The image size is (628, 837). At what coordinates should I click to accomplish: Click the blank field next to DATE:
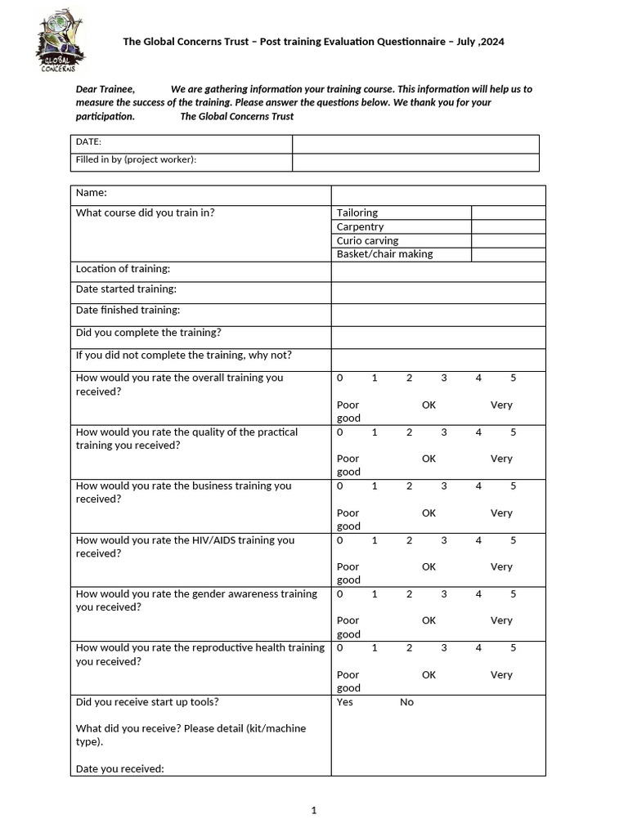(x=415, y=144)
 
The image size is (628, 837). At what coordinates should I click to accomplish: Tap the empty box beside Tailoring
(x=508, y=213)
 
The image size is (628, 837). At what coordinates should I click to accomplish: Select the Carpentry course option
(x=360, y=226)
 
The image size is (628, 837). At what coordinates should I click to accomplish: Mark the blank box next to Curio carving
(x=508, y=241)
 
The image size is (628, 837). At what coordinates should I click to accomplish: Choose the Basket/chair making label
(x=384, y=254)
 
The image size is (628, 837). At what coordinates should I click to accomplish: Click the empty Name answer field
(x=437, y=195)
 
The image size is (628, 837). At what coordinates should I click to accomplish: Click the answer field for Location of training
(x=437, y=271)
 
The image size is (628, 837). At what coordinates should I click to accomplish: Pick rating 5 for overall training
(x=514, y=378)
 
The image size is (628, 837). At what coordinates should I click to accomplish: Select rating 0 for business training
(x=339, y=486)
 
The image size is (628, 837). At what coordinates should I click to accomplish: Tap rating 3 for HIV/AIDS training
(x=444, y=540)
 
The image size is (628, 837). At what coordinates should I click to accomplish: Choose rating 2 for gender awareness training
(x=409, y=594)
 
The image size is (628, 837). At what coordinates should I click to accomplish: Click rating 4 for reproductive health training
(x=478, y=648)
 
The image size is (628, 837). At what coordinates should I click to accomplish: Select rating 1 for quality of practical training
(x=375, y=432)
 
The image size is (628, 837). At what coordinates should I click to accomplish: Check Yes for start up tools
(x=345, y=702)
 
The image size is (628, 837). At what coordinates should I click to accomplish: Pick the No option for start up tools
(x=406, y=702)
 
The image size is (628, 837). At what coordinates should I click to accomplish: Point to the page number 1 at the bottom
(x=314, y=811)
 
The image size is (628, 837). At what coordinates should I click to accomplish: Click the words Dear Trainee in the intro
(x=105, y=89)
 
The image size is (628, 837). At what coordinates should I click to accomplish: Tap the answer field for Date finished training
(x=437, y=315)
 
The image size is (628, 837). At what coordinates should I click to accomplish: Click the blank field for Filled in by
(x=415, y=162)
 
